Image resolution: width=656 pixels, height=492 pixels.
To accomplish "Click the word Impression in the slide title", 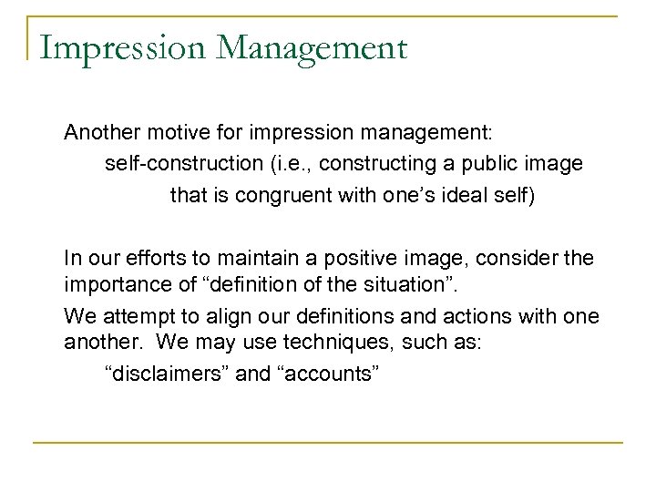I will pos(97,45).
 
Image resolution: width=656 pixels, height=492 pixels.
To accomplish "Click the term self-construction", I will pos(190,165).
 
